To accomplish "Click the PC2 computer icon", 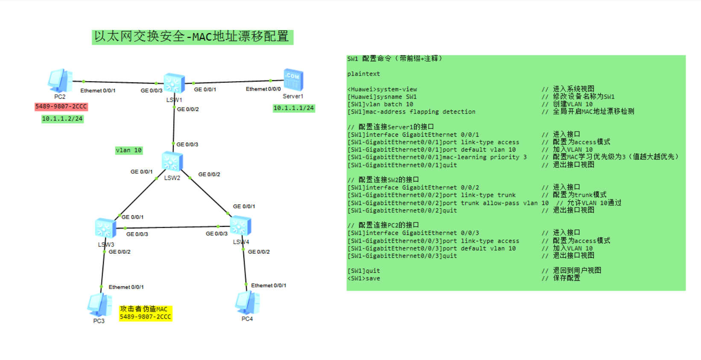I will coord(60,80).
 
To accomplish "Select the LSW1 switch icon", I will coord(174,83).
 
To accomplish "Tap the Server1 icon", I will coord(293,80).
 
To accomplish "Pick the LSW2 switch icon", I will coord(172,162).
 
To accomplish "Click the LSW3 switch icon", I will coord(105,228).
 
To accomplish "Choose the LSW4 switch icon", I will coord(240,226).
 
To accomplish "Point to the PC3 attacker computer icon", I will coord(99,304).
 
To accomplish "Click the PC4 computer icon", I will coord(247,302).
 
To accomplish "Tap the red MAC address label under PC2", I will coord(61,106).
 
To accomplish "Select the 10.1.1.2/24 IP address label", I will coord(62,119).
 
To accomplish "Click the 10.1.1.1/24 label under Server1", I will coord(294,108).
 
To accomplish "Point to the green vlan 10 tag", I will coord(129,150).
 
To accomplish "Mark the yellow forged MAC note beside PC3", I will coord(145,313).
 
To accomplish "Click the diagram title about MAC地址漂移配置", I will coord(192,37).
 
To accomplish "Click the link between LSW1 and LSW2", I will coord(174,126).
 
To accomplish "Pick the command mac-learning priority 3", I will coord(484,157).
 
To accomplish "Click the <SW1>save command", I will coord(364,278).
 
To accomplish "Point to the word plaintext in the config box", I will coord(363,74).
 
